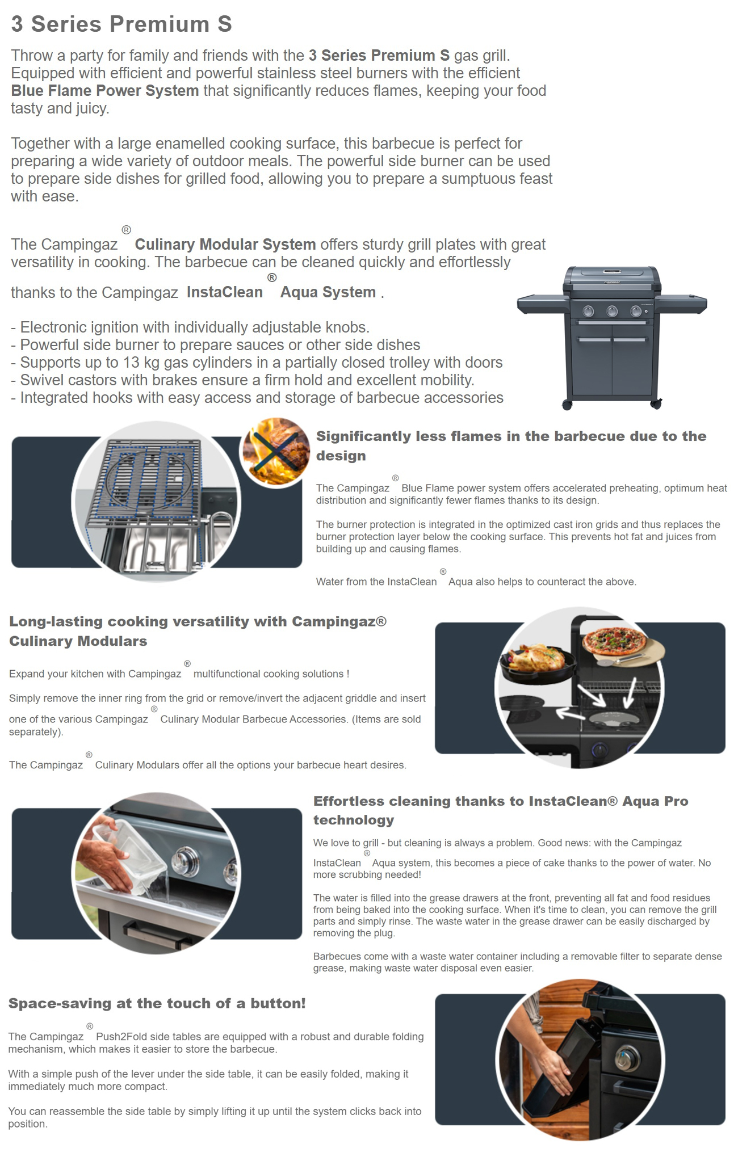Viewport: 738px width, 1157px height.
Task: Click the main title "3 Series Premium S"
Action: pos(121,24)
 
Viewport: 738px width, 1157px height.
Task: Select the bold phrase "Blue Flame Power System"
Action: pos(105,91)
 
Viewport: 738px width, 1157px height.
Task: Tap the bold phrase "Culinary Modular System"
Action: pos(225,245)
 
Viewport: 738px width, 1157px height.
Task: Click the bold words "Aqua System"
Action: pos(328,292)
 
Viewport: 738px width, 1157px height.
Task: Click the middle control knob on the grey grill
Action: pos(612,311)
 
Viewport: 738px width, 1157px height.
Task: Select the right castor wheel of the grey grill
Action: pos(656,404)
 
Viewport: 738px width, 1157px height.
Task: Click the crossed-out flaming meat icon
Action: pos(275,452)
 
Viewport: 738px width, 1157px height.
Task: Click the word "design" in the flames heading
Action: pos(341,456)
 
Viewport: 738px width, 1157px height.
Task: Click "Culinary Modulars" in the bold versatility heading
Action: pos(78,641)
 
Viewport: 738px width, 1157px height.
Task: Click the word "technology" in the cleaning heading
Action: pos(354,820)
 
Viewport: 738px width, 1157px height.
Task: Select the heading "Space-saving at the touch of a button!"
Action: pos(157,1003)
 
